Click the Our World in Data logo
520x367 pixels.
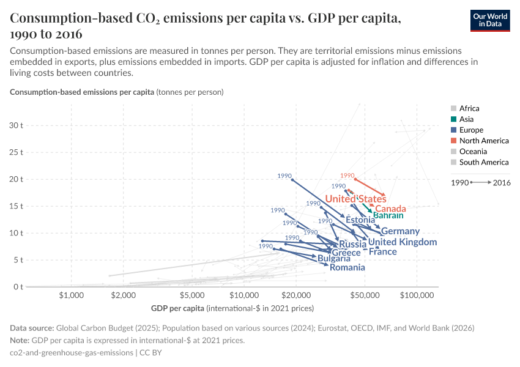489,20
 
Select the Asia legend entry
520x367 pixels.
466,119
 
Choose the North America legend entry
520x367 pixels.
483,141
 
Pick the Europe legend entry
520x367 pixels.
470,130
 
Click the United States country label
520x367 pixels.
355,199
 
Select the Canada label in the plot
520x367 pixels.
390,209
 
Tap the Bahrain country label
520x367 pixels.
388,215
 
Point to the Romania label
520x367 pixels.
347,267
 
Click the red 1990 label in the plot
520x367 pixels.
347,176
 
